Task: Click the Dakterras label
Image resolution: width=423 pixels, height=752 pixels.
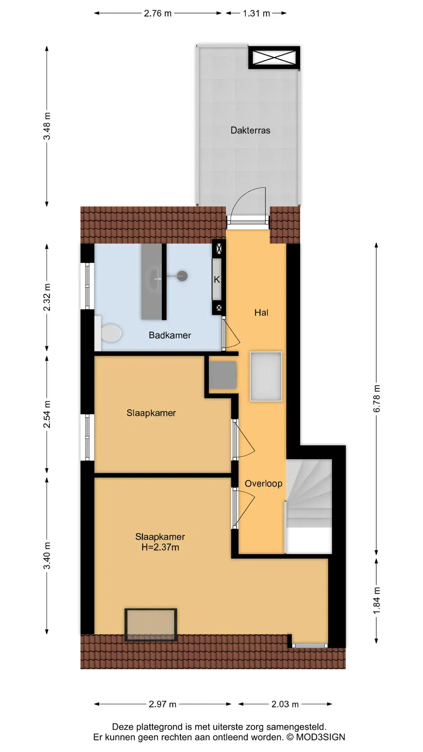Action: coord(250,130)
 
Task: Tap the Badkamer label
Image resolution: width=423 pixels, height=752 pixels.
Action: coord(170,335)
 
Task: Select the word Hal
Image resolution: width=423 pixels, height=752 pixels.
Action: coord(261,313)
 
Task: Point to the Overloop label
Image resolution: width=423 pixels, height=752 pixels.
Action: coord(264,484)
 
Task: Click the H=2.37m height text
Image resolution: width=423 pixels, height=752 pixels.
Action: coord(160,548)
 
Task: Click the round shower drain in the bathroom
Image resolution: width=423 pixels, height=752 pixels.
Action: coord(182,276)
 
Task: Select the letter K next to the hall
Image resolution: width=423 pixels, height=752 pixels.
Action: coord(217,280)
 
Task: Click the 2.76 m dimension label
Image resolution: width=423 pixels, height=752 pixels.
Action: coord(158,13)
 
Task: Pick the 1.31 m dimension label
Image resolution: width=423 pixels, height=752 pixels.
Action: coord(257,13)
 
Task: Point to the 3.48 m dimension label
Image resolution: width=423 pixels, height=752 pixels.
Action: coord(47,126)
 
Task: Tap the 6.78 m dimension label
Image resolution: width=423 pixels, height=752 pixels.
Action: coord(377,398)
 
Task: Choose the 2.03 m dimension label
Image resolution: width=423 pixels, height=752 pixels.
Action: coord(285,704)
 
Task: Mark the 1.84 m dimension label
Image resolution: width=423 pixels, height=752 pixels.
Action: coord(377,600)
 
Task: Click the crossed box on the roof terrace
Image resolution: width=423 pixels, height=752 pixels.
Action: coord(274,58)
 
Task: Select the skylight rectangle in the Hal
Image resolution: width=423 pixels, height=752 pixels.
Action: coord(266,376)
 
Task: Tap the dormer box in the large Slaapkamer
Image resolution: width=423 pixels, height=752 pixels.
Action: coord(151,625)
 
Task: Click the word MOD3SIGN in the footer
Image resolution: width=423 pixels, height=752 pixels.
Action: coord(320,737)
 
